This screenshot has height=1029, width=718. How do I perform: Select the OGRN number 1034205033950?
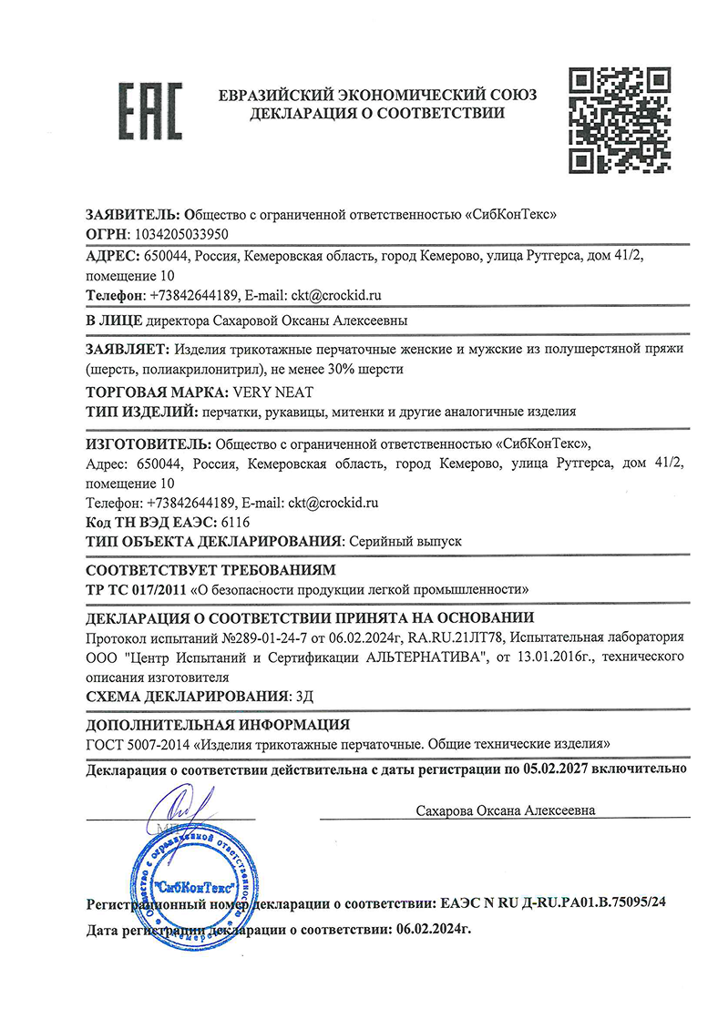tap(178, 234)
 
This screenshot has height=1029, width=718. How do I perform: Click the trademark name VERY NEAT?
tap(272, 392)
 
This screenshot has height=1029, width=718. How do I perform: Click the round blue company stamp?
tap(190, 879)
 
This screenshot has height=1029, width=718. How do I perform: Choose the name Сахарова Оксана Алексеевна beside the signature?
tap(506, 810)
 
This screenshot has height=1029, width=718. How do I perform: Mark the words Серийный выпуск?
tap(404, 541)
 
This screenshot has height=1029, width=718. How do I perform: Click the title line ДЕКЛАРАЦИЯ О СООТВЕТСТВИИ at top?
tap(377, 114)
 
